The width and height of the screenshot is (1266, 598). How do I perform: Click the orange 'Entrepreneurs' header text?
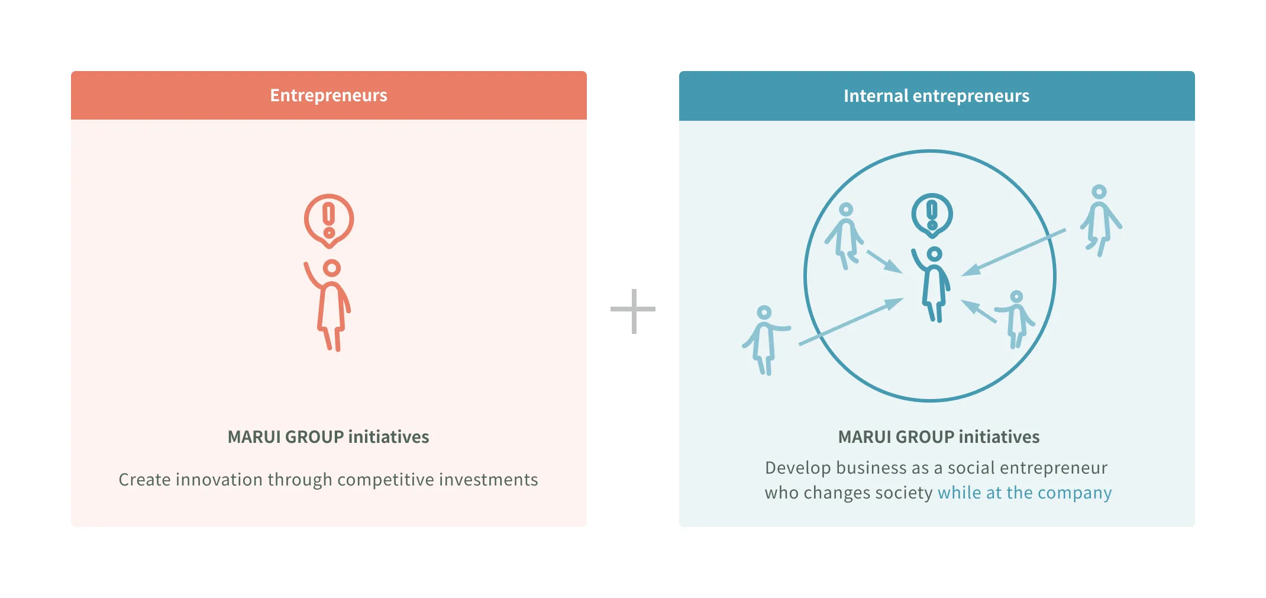pyautogui.click(x=328, y=95)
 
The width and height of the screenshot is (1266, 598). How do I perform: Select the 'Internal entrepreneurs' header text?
pyautogui.click(x=936, y=96)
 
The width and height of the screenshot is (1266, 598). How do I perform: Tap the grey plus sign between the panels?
pyautogui.click(x=633, y=310)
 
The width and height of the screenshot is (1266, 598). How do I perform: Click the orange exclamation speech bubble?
pyautogui.click(x=329, y=220)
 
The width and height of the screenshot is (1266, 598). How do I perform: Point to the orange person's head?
pyautogui.click(x=332, y=268)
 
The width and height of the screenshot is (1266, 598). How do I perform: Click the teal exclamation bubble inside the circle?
pyautogui.click(x=932, y=214)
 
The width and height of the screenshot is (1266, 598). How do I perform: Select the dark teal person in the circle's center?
pyautogui.click(x=934, y=287)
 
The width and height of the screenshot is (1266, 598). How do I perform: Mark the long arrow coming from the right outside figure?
pyautogui.click(x=1013, y=252)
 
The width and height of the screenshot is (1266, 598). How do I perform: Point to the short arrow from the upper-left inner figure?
pyautogui.click(x=884, y=261)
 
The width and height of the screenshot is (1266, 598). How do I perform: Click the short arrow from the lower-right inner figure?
pyautogui.click(x=978, y=311)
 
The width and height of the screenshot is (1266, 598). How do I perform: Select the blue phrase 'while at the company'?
pyautogui.click(x=1024, y=493)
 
